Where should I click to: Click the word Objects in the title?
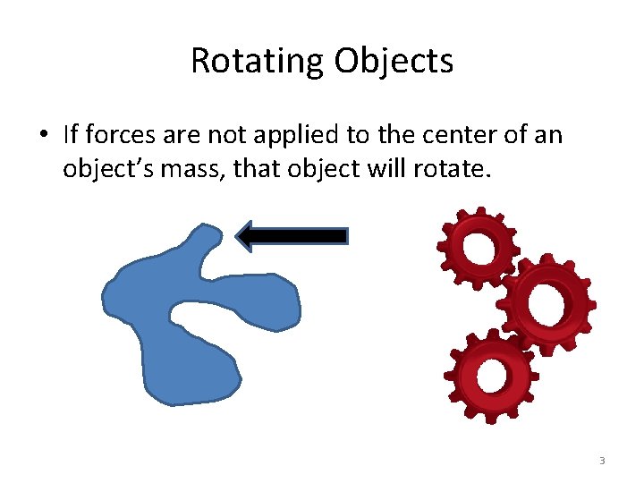click(x=394, y=62)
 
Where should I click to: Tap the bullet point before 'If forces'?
click(x=42, y=136)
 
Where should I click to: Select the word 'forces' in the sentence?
click(x=115, y=135)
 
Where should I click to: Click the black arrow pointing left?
click(x=295, y=235)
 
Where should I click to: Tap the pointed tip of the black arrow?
click(x=238, y=235)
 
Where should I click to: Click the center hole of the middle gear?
click(x=547, y=304)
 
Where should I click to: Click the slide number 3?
click(x=602, y=461)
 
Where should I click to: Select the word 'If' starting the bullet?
click(x=72, y=135)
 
